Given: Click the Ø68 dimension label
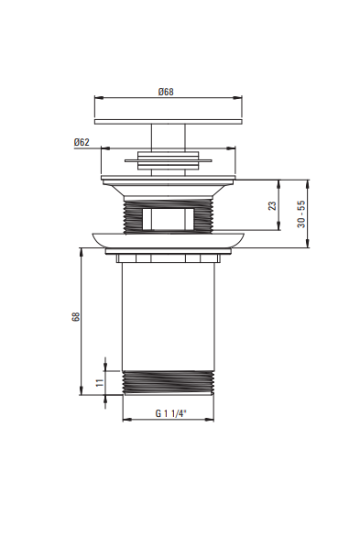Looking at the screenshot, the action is (166, 92).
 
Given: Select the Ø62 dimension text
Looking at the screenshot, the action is (82, 142).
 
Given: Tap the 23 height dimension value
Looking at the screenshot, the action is (272, 205).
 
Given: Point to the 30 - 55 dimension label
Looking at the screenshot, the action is (301, 214).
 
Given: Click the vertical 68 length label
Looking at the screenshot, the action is (76, 316).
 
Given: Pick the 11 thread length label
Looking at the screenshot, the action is (100, 382).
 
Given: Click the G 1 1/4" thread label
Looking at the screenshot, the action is (171, 413).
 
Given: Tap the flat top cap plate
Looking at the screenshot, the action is (168, 122).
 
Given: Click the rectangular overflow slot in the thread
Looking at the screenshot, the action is (168, 218).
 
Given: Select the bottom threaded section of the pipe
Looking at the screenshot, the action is (168, 383).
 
